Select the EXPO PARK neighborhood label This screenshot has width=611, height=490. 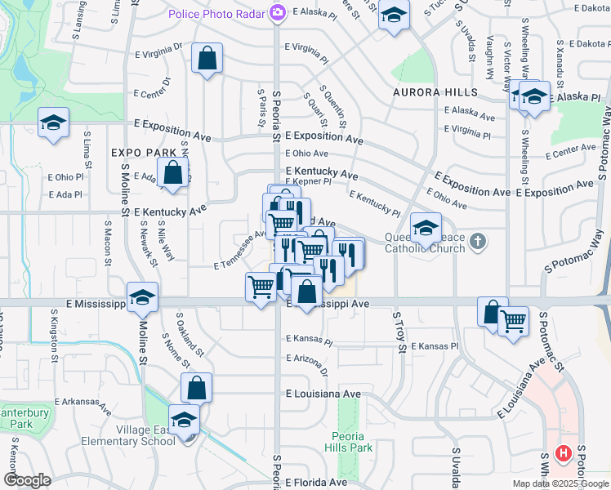[x=144, y=153]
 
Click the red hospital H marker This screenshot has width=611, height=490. [x=563, y=454]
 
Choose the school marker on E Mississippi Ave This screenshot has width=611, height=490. [x=142, y=297]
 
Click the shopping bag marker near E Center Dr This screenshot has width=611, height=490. [x=207, y=59]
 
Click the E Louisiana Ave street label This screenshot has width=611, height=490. [x=323, y=394]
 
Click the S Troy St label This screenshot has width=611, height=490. [x=401, y=332]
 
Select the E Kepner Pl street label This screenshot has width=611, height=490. [x=309, y=182]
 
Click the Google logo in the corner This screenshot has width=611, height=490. [x=28, y=480]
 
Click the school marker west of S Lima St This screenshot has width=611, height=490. [x=54, y=123]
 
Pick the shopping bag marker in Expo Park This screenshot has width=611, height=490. [x=172, y=173]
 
